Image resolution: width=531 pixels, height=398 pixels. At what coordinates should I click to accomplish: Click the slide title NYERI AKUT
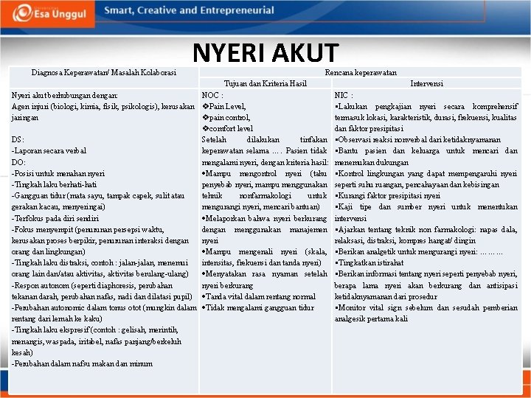tap(265, 52)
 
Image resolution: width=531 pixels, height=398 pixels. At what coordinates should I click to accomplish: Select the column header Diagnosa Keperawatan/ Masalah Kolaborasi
tap(103, 73)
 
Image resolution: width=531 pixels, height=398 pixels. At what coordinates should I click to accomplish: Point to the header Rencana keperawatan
tap(361, 73)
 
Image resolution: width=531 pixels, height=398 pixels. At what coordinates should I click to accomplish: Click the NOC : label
tap(212, 95)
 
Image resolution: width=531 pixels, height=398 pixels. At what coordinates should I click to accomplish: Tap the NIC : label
tap(344, 95)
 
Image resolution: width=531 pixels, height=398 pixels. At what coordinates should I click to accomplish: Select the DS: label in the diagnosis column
tap(18, 139)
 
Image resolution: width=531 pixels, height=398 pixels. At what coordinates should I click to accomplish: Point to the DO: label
tap(19, 161)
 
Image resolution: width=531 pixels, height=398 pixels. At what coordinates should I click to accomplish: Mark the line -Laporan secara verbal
tap(49, 150)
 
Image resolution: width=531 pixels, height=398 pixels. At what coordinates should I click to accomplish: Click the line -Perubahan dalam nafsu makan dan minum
tap(77, 363)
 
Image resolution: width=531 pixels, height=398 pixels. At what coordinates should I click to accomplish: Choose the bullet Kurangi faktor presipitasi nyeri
tap(387, 195)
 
